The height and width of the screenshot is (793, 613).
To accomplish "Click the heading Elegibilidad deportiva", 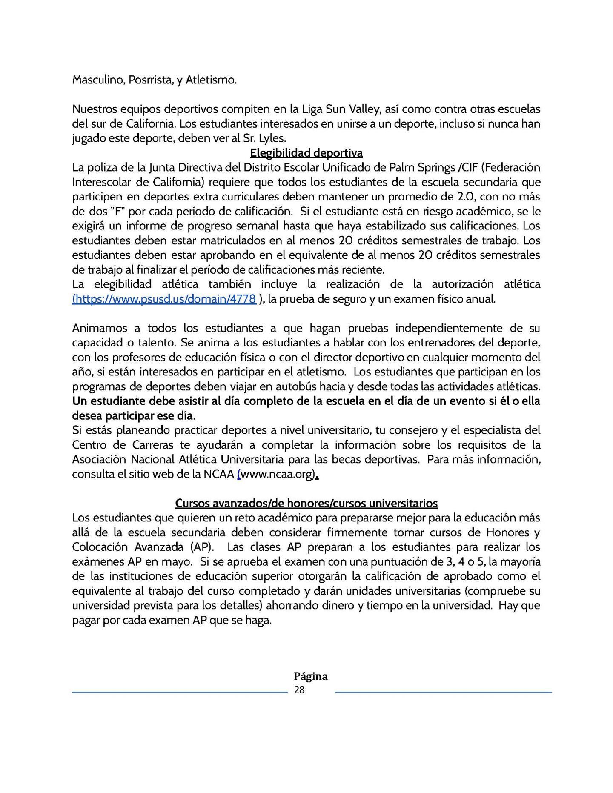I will click(x=306, y=153).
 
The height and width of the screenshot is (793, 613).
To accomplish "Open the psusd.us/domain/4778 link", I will click(x=164, y=299).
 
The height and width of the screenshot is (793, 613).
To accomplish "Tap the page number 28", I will click(x=299, y=690).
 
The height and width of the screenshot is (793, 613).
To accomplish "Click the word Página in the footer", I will click(x=310, y=676).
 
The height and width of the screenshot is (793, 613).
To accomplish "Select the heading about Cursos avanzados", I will click(x=306, y=503).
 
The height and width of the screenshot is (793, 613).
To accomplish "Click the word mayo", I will click(x=176, y=561).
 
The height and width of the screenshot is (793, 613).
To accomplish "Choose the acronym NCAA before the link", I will click(x=219, y=474).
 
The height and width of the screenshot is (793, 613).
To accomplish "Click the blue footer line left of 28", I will click(x=179, y=693).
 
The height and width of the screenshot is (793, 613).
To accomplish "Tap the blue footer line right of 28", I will click(x=443, y=693).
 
